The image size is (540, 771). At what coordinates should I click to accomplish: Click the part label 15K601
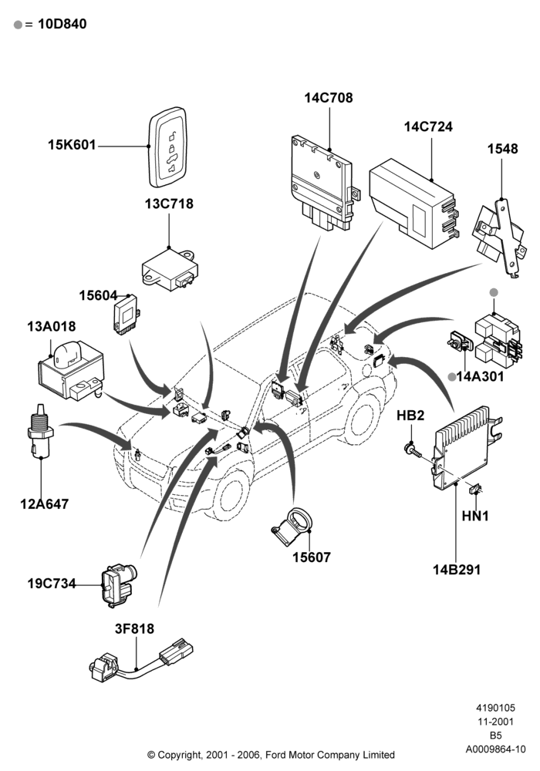pyautogui.click(x=72, y=145)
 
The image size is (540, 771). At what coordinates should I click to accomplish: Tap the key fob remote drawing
pyautogui.click(x=167, y=147)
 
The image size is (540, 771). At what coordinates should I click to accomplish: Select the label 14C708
pyautogui.click(x=329, y=98)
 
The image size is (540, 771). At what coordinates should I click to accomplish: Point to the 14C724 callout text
pyautogui.click(x=428, y=126)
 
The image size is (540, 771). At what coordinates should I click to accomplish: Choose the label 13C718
pyautogui.click(x=169, y=204)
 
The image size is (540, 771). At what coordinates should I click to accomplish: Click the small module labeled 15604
pyautogui.click(x=127, y=315)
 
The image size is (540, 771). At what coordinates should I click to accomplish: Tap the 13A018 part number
pyautogui.click(x=51, y=326)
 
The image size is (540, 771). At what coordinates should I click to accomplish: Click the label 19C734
pyautogui.click(x=52, y=584)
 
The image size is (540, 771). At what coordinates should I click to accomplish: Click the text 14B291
pyautogui.click(x=457, y=570)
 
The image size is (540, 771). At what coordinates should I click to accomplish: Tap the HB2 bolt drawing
pyautogui.click(x=412, y=449)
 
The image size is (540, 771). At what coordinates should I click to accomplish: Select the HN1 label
pyautogui.click(x=475, y=516)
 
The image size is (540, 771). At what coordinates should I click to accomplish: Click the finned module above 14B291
pyautogui.click(x=465, y=447)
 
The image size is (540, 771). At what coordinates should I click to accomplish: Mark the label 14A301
pyautogui.click(x=480, y=377)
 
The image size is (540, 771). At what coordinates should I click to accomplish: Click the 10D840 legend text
pyautogui.click(x=62, y=24)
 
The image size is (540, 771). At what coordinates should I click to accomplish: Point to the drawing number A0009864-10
pyautogui.click(x=496, y=749)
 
